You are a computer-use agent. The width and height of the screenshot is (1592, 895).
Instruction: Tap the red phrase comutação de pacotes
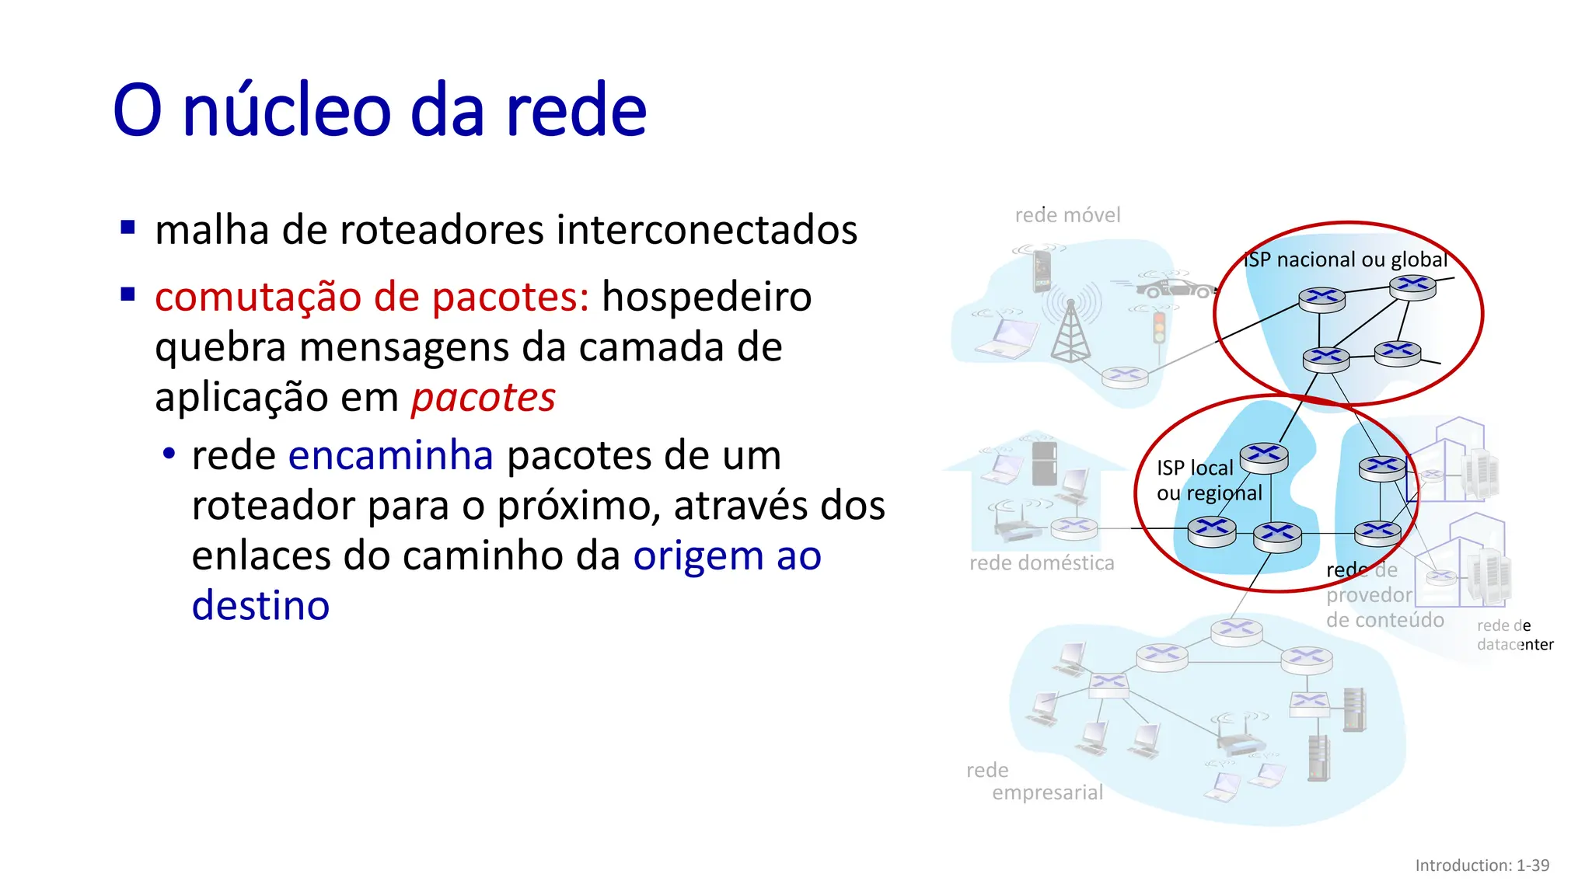372,297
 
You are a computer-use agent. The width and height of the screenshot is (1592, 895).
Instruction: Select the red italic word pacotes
483,398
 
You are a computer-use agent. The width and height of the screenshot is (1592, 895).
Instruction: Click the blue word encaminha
390,455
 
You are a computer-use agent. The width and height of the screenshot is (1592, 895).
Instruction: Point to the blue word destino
260,606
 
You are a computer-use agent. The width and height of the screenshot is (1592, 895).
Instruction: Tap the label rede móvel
1067,215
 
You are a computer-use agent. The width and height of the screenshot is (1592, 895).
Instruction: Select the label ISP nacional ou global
1346,259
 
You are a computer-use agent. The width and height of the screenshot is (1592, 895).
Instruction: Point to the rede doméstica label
1042,563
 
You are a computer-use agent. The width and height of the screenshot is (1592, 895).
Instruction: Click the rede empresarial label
1034,782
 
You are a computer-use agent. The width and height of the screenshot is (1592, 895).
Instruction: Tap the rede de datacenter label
1514,636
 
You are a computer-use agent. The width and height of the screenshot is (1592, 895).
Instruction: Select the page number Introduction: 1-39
1482,865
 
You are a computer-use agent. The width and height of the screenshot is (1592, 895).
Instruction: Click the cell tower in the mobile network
1070,330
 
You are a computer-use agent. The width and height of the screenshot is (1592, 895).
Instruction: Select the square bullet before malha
128,228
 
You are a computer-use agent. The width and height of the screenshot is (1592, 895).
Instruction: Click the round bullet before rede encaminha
169,454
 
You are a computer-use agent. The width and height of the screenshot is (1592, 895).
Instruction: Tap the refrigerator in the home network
1044,463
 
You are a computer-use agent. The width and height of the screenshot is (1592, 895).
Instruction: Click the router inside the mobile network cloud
1124,377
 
